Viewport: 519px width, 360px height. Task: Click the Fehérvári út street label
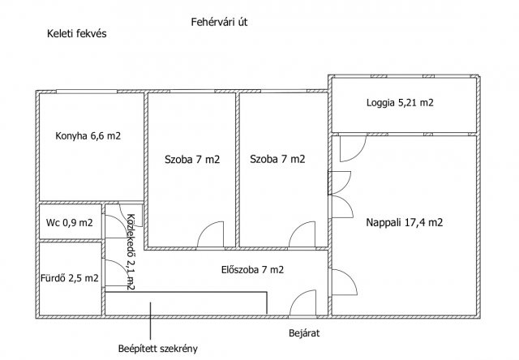click(x=219, y=22)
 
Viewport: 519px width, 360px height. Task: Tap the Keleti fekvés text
click(x=77, y=34)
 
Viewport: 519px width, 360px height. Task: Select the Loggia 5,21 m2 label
click(x=400, y=103)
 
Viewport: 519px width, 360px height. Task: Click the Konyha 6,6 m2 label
click(x=88, y=135)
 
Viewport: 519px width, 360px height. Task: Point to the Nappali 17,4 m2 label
click(x=404, y=222)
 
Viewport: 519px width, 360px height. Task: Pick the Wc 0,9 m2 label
click(x=69, y=223)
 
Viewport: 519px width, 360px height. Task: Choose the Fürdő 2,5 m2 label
click(x=70, y=278)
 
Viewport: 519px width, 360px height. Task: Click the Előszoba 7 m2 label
click(x=252, y=270)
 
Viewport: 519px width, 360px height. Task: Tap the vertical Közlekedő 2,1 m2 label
click(x=131, y=252)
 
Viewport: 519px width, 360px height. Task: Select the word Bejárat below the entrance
click(x=304, y=333)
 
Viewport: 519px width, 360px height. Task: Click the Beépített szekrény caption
click(x=158, y=349)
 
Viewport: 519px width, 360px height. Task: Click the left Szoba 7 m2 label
click(x=192, y=160)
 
